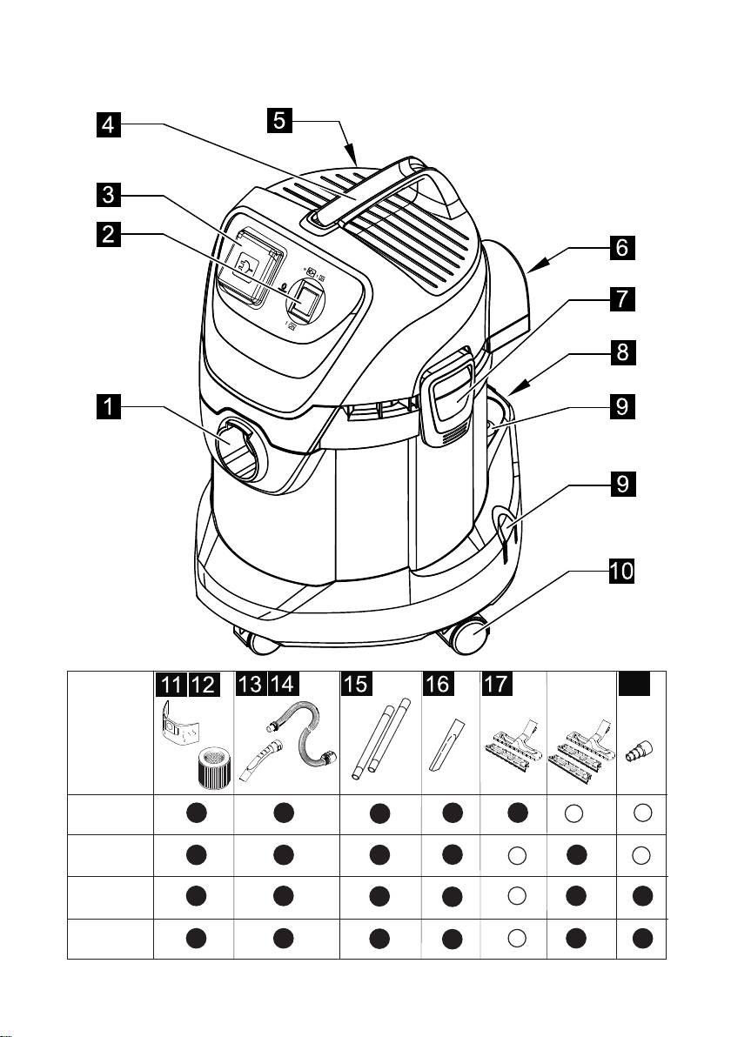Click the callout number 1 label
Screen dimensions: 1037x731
click(108, 406)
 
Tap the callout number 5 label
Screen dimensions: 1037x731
click(278, 121)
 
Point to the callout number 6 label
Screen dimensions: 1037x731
click(621, 248)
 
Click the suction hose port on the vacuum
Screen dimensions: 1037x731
click(237, 444)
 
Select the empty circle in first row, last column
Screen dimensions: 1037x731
click(641, 813)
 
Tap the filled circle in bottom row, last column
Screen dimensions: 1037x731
click(641, 938)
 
